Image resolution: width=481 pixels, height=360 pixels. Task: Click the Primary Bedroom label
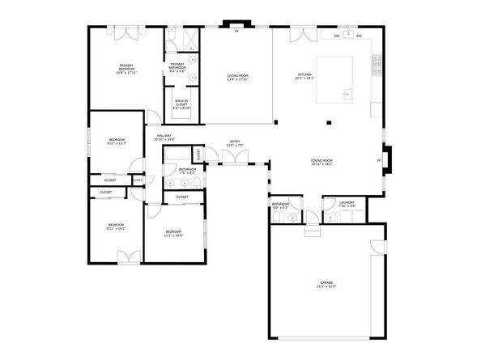(126, 69)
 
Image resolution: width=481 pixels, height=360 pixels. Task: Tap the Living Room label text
(237, 78)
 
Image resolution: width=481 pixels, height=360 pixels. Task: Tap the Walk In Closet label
(181, 103)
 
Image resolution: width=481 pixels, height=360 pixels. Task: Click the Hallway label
(164, 138)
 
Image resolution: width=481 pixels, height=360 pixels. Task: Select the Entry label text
(235, 143)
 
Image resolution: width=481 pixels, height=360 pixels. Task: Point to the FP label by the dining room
(379, 160)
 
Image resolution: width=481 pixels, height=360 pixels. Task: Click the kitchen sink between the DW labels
(347, 36)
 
